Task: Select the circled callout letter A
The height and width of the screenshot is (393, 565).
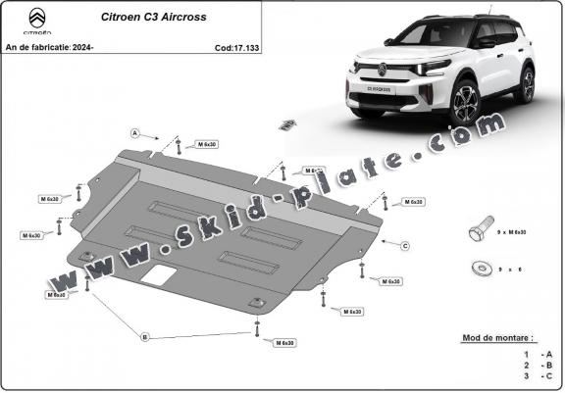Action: click(x=135, y=131)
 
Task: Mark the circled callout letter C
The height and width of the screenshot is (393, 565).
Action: click(x=404, y=244)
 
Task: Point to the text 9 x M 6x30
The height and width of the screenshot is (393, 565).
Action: click(x=511, y=232)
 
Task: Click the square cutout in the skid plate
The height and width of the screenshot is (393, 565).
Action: click(x=155, y=277)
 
